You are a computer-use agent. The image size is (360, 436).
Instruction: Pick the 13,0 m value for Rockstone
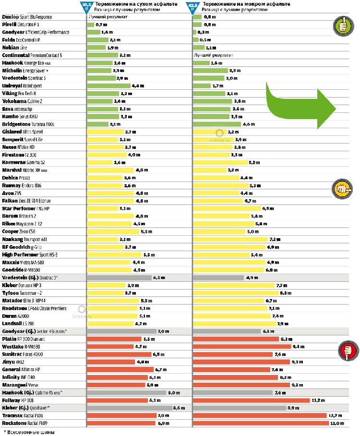pos(337,423)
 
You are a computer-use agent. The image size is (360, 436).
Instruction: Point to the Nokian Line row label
pos(17,48)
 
